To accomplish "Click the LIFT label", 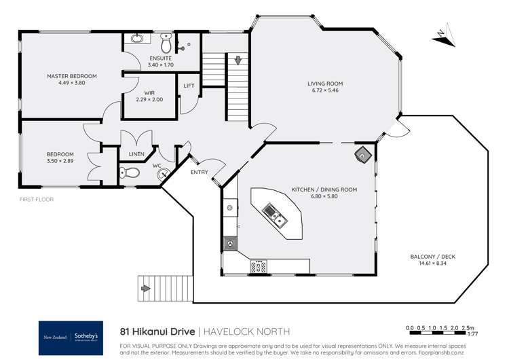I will coord(189,86).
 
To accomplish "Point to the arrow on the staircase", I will coord(238,61).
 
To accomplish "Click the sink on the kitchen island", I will coord(278,216).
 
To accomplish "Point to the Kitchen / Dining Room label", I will coord(324,190).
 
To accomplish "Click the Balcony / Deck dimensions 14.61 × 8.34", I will coord(428,264).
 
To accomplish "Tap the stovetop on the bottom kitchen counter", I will coord(258,266).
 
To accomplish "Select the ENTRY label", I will coord(200,172).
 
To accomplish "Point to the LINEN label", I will coord(136,155).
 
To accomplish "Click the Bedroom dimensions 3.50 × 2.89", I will coord(60,161).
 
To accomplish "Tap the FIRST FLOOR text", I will coord(37,199).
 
